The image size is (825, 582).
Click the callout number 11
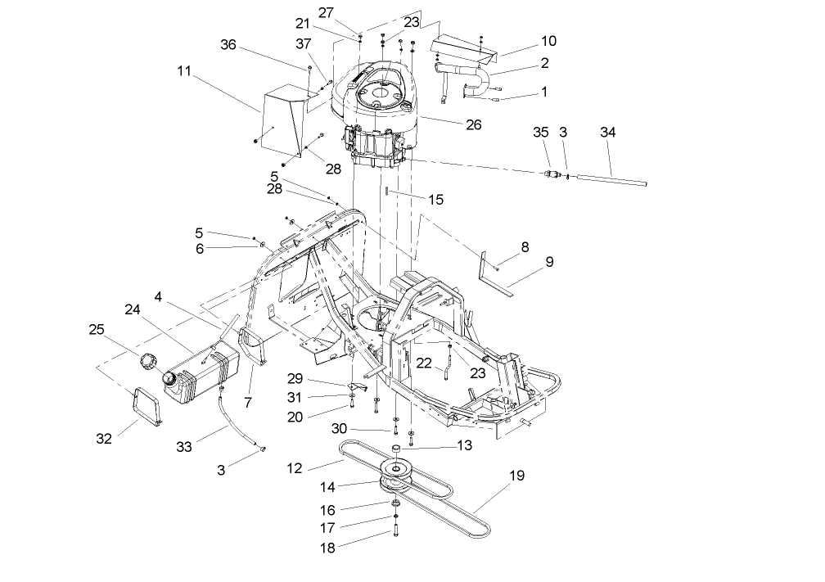click(184, 71)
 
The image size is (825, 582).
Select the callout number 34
click(608, 132)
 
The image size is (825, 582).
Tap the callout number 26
click(473, 124)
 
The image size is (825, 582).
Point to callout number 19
click(516, 475)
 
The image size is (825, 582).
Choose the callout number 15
click(435, 198)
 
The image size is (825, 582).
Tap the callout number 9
click(549, 262)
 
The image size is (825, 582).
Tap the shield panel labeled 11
click(278, 119)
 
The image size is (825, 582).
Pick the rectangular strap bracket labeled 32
click(147, 405)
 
